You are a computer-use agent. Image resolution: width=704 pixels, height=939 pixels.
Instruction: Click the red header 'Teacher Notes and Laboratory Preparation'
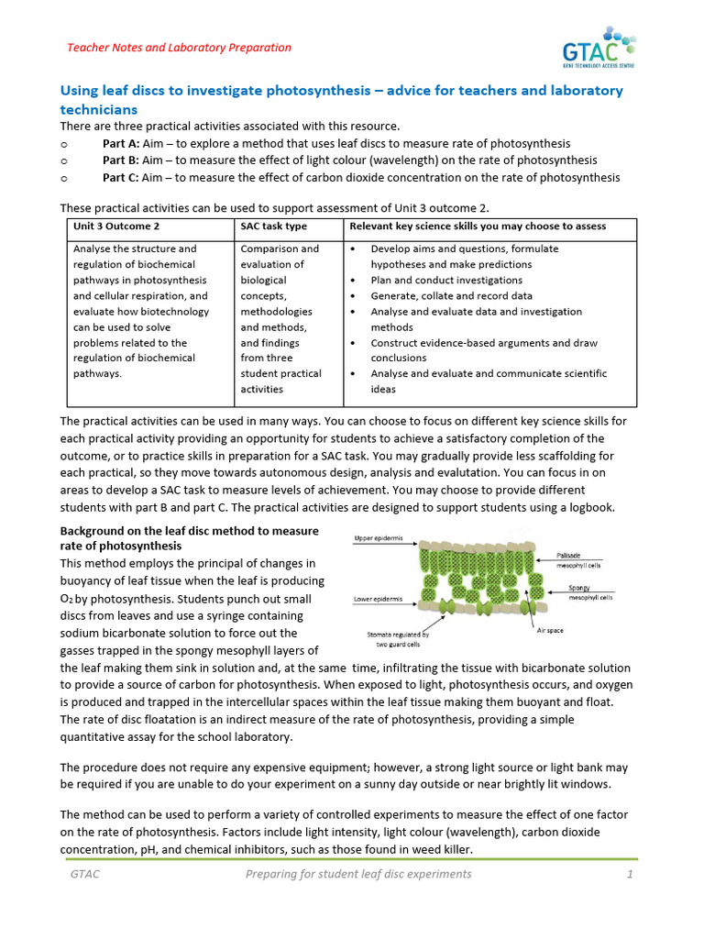[x=180, y=48]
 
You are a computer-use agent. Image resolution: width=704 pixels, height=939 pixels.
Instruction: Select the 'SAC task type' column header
[x=273, y=226]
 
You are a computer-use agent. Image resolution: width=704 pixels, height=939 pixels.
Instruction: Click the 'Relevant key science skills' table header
[x=478, y=226]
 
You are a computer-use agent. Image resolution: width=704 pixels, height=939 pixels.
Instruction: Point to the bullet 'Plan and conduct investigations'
[x=446, y=281]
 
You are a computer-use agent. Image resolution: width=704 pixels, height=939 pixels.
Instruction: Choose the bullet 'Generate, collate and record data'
[x=450, y=296]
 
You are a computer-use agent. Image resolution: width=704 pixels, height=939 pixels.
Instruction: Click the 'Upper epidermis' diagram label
[x=378, y=539]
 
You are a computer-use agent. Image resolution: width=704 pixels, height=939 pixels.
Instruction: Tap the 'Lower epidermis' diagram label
[x=378, y=599]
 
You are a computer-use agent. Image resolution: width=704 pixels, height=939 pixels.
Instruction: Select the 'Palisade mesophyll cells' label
[x=578, y=560]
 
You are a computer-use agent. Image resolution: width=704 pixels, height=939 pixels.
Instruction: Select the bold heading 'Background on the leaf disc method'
[x=189, y=538]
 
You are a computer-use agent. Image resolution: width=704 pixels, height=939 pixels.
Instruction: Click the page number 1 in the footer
[x=630, y=874]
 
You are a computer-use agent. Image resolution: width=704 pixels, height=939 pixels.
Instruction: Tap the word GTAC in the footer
[x=85, y=874]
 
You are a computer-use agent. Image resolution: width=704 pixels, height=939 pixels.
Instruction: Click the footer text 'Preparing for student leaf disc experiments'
[x=357, y=874]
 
